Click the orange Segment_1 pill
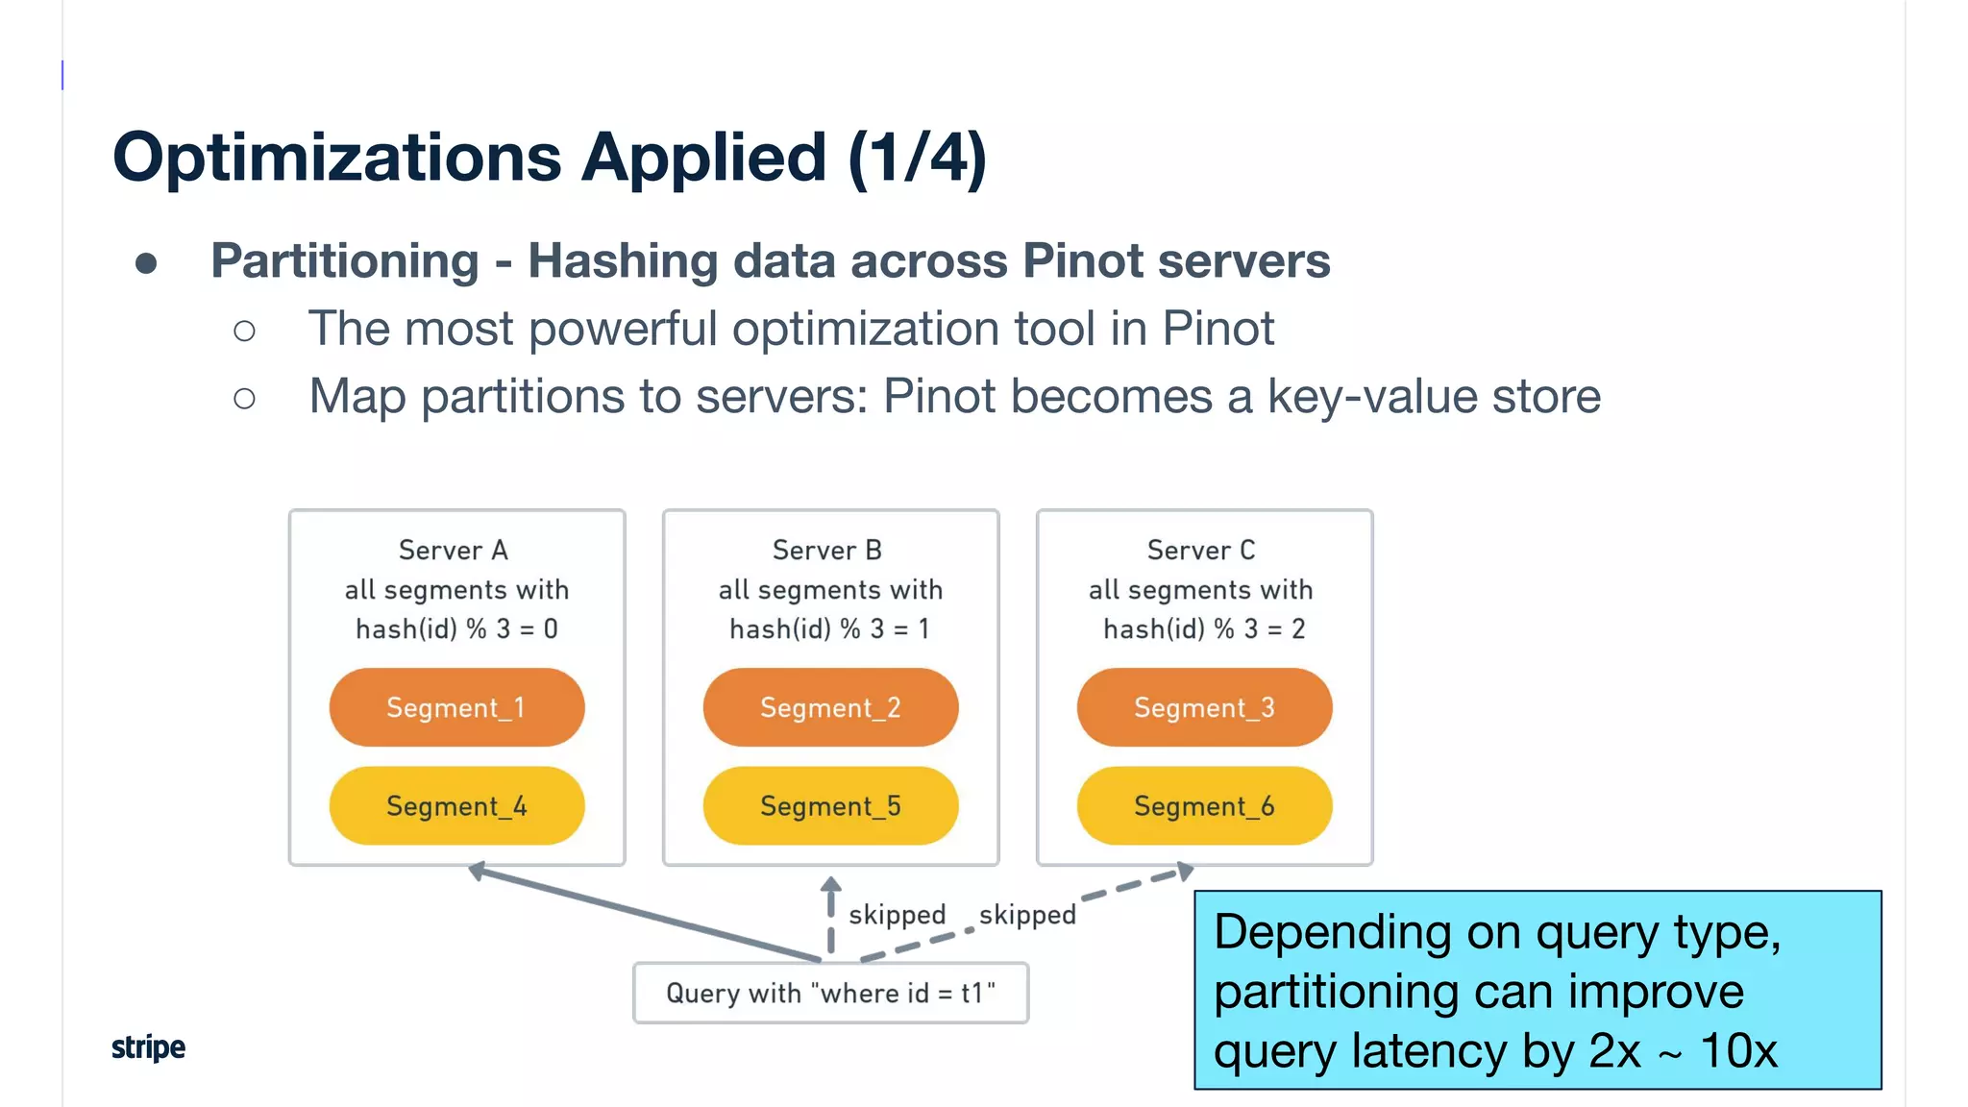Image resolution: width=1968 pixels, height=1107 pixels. (x=456, y=708)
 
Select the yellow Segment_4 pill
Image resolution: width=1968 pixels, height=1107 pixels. (x=456, y=806)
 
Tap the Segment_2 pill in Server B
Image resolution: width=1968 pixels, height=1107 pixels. (x=830, y=708)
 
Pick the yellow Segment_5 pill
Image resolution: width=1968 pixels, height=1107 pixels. (x=830, y=806)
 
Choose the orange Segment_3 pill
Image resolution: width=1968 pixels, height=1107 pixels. (x=1204, y=708)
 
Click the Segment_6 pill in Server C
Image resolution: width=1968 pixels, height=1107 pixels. (x=1204, y=806)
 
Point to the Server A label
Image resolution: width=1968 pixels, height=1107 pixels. (x=454, y=551)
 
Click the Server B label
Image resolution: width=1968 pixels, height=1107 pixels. (x=827, y=551)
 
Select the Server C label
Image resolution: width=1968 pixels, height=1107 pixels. (x=1201, y=551)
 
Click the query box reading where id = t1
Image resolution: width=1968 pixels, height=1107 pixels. (x=830, y=993)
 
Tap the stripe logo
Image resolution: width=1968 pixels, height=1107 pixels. (x=148, y=1047)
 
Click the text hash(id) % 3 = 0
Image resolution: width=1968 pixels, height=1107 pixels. (x=456, y=629)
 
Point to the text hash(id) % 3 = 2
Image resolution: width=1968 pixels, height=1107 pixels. (x=1204, y=629)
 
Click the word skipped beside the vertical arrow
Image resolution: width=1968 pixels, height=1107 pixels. (x=897, y=915)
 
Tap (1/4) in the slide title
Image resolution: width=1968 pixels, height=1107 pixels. (x=918, y=158)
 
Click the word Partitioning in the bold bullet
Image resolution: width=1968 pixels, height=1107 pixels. (x=345, y=261)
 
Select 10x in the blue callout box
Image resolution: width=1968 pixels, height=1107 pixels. (x=1738, y=1050)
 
